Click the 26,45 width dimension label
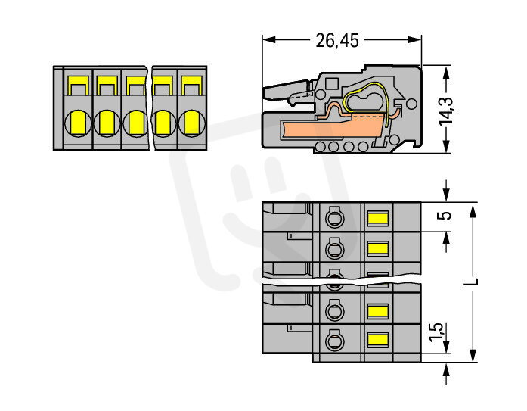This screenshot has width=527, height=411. (337, 41)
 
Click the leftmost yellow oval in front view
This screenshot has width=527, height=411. (79, 122)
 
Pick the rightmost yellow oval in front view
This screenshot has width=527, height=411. (191, 122)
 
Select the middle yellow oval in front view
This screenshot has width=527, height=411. (135, 122)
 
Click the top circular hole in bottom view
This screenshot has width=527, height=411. (333, 220)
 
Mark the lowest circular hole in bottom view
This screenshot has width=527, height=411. (333, 341)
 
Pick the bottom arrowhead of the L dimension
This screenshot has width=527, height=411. (473, 357)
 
